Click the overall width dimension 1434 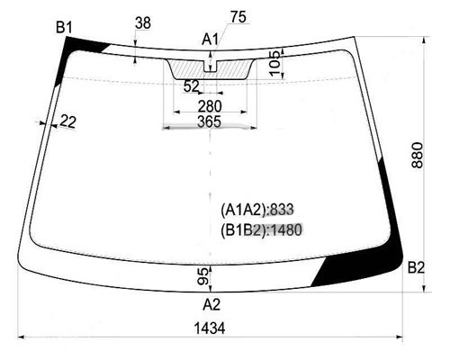(x=210, y=328)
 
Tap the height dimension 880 (x=418, y=156)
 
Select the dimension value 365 (x=210, y=121)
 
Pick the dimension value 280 (x=210, y=106)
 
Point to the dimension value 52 (x=192, y=87)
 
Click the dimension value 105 (x=274, y=64)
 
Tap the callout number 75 (x=238, y=17)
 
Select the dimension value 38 (x=143, y=23)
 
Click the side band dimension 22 (x=68, y=121)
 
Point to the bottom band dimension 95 (x=203, y=276)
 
